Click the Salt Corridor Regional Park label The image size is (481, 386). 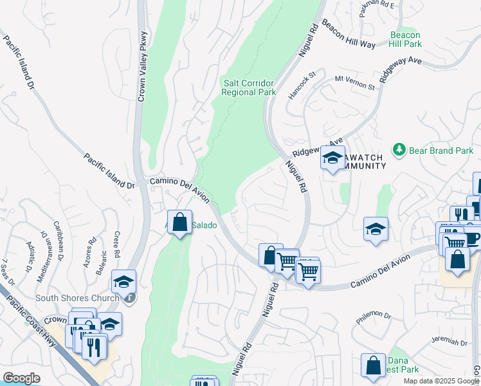(x=248, y=87)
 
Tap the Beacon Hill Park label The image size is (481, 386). (x=405, y=39)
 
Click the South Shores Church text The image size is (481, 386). (x=77, y=298)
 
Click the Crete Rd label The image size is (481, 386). (x=117, y=243)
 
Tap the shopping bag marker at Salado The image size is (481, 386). (x=179, y=222)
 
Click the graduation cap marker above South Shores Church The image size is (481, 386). (x=123, y=281)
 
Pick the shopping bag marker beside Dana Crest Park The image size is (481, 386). (x=373, y=365)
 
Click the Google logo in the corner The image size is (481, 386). (x=21, y=378)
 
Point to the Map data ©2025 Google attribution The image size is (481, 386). (x=440, y=381)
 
